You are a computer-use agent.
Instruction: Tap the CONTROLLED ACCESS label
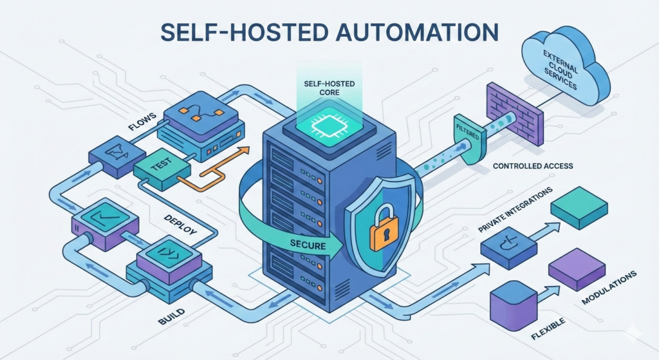pos(532,166)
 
